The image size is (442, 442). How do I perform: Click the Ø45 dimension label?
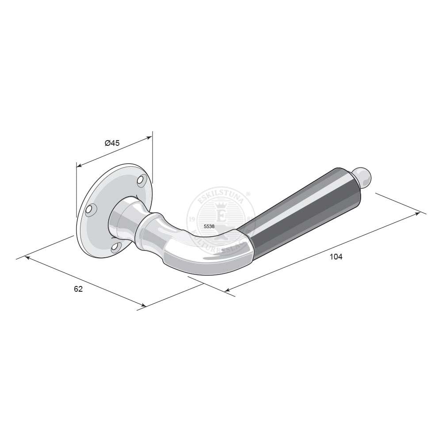point(112,143)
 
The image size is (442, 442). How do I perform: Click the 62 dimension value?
point(78,289)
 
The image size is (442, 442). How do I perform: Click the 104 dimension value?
point(336,257)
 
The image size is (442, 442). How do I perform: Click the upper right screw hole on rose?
point(141,180)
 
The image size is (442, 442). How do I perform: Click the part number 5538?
point(209,226)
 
